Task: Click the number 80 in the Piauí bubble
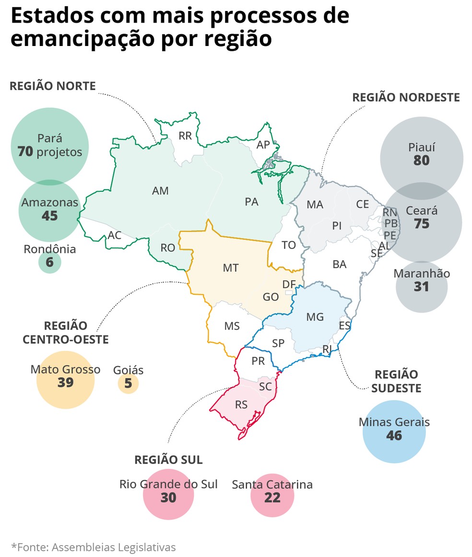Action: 421,161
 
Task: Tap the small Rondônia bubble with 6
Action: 50,262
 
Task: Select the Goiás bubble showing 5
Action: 128,383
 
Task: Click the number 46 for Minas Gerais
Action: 394,436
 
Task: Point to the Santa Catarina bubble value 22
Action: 272,498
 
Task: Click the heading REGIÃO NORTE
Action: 53,86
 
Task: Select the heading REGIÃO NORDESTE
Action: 406,97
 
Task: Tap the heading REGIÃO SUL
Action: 168,460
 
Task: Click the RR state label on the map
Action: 185,136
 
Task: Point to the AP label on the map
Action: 263,144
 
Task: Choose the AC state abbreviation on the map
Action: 115,235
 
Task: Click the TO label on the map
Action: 288,245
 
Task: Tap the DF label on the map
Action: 289,284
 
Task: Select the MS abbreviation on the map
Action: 232,326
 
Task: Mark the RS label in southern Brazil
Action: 241,405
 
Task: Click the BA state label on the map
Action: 339,264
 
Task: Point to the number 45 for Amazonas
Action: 49,216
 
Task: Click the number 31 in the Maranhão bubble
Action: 422,287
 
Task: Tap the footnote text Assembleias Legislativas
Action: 113,547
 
